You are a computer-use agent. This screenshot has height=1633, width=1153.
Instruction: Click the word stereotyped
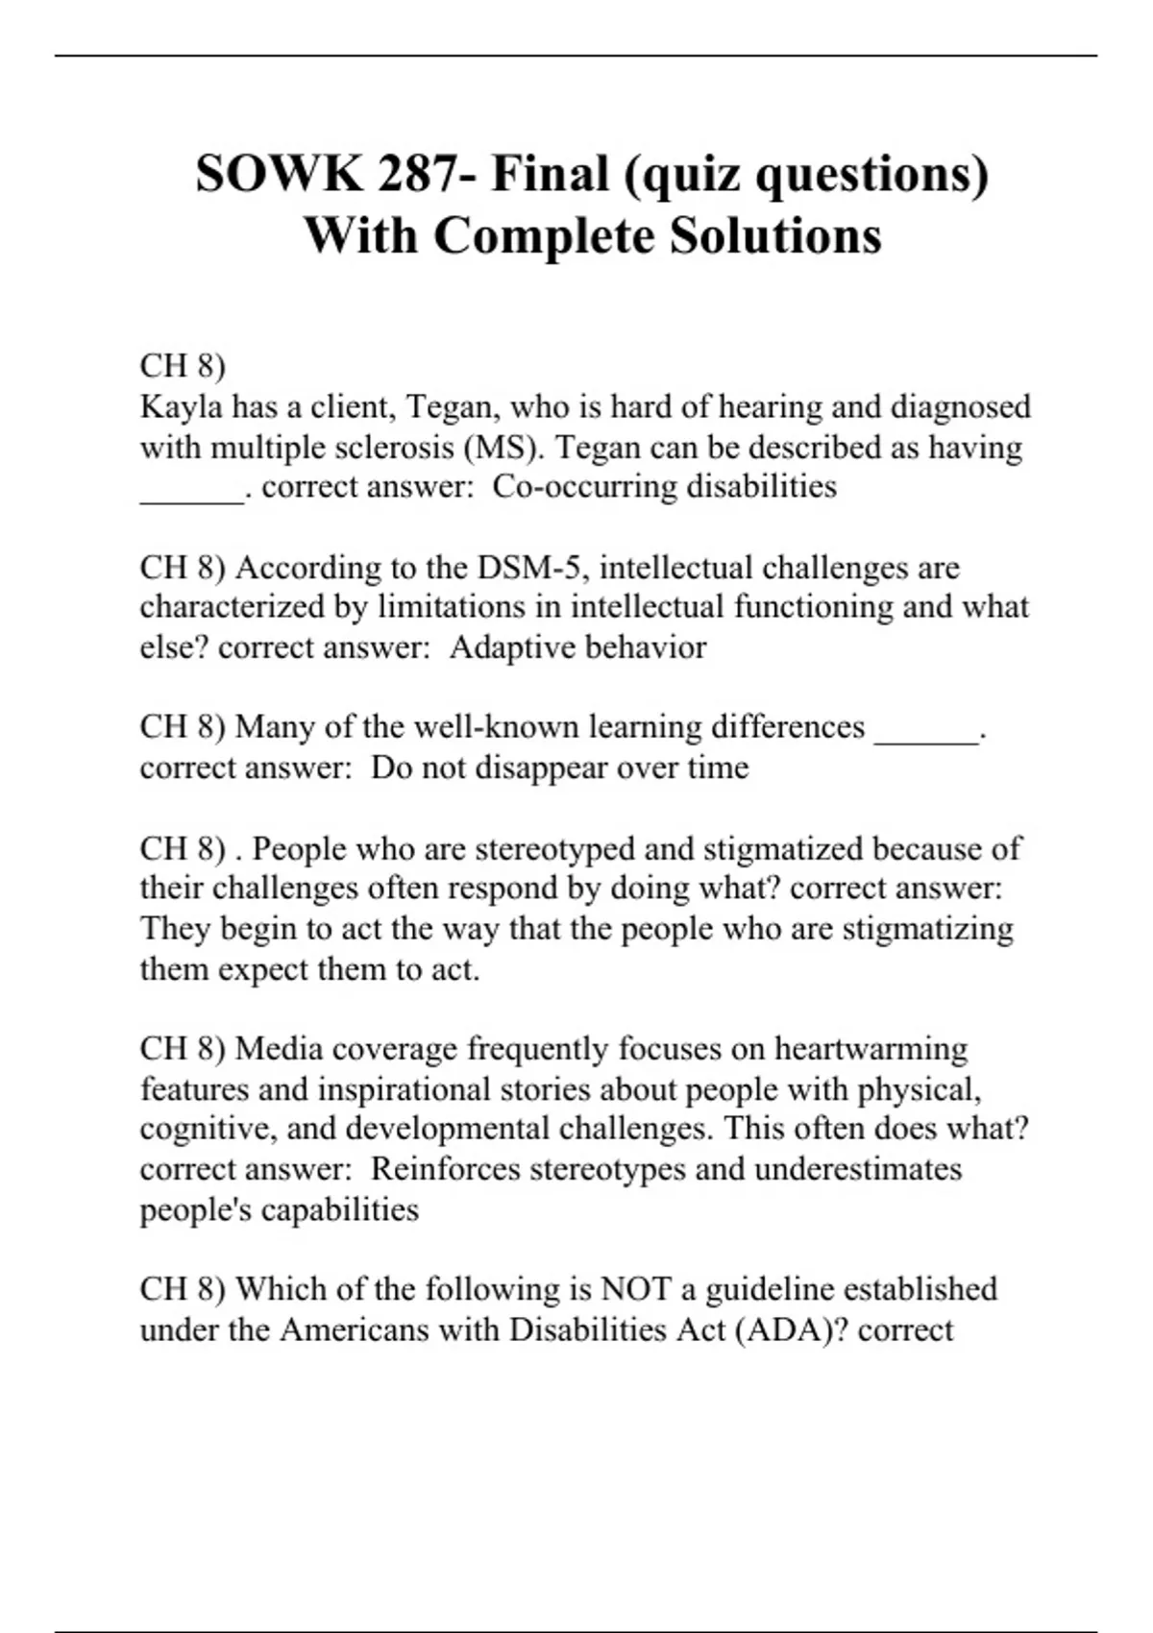[x=554, y=849]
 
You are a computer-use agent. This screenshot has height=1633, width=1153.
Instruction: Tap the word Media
[x=279, y=1048]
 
